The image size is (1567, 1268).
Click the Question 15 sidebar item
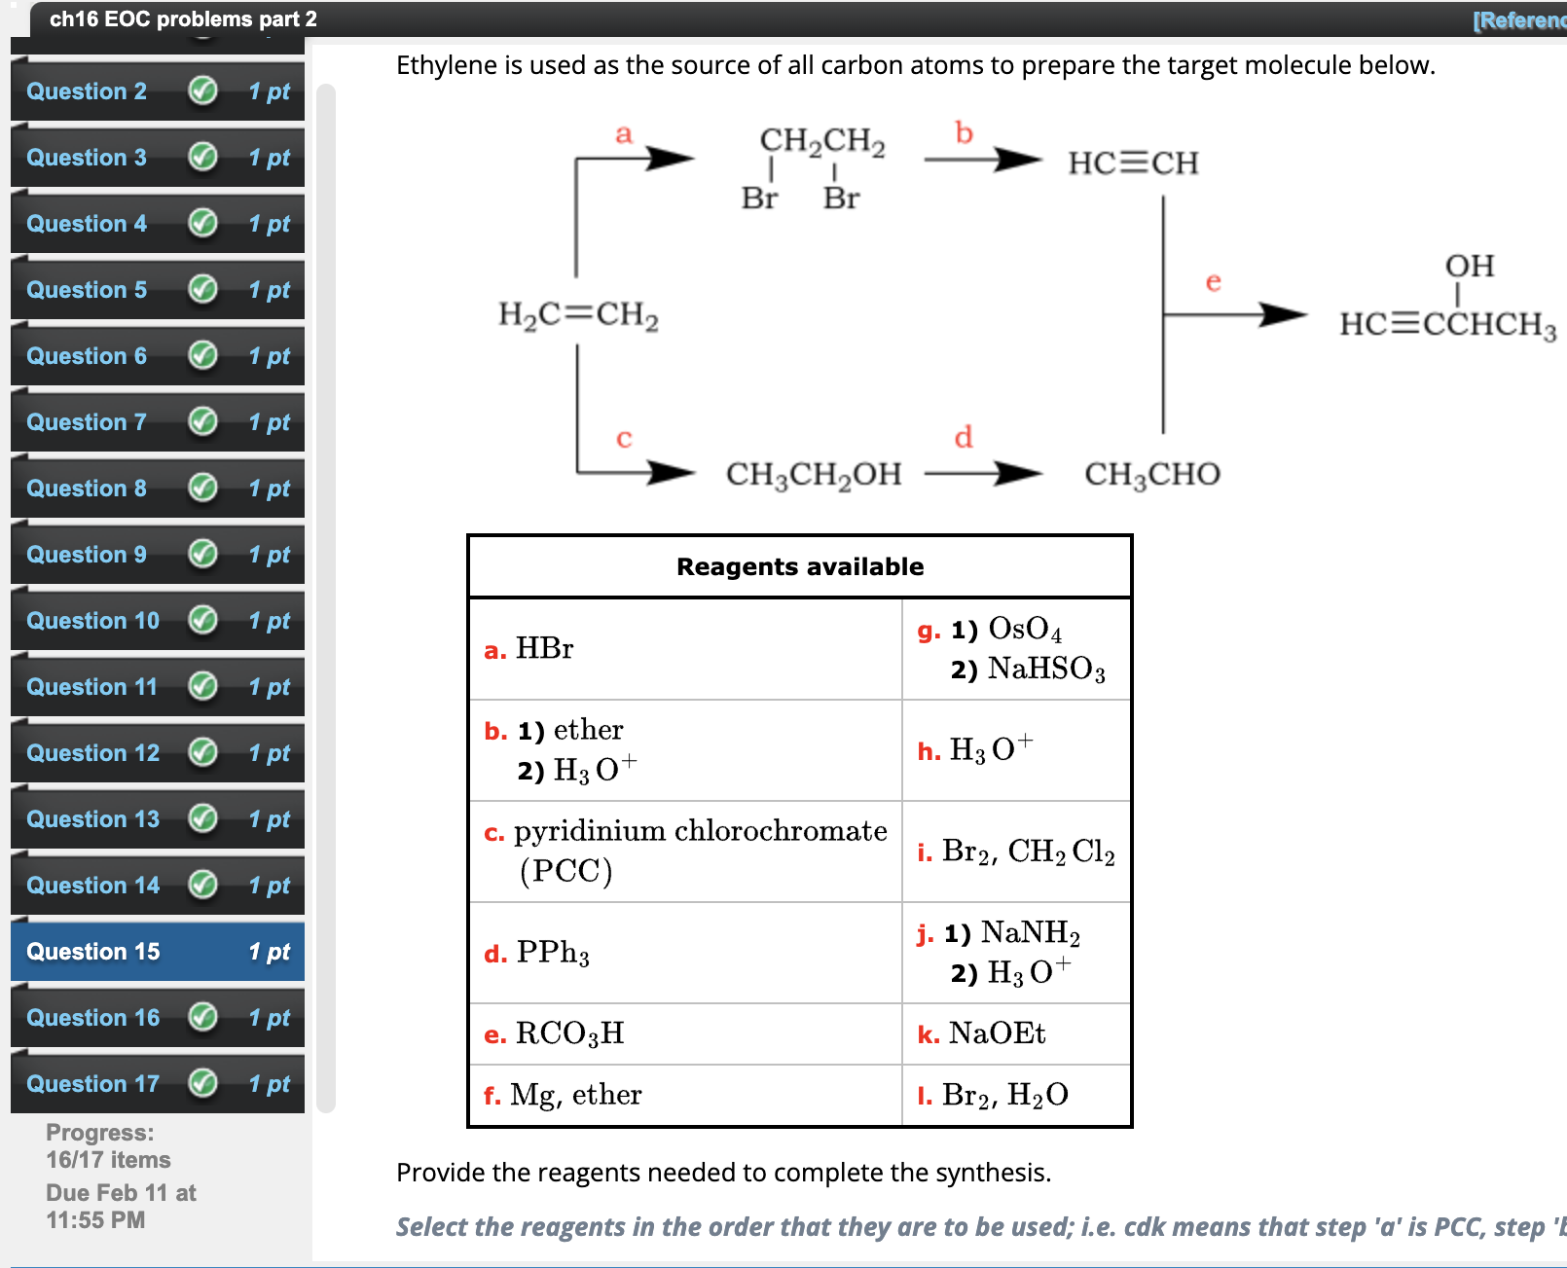(x=92, y=952)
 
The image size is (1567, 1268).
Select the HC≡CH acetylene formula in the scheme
(x=1133, y=163)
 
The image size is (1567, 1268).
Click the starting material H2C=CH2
(x=578, y=315)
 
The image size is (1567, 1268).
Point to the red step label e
(x=1213, y=282)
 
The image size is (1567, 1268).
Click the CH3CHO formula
(x=1152, y=474)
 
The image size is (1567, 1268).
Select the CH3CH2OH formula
(x=814, y=474)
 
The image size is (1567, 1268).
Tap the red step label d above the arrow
(x=964, y=437)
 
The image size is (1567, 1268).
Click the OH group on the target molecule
(x=1470, y=266)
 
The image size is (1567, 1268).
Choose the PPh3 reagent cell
(x=553, y=953)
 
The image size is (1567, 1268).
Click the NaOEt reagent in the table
(x=997, y=1033)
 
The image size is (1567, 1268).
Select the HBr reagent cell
(x=545, y=649)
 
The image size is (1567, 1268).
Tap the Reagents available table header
(x=800, y=566)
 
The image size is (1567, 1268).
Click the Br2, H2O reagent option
(x=1004, y=1096)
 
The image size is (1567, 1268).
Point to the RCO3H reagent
(x=569, y=1033)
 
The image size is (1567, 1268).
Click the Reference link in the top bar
(x=1518, y=20)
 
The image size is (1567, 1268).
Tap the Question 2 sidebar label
(x=87, y=91)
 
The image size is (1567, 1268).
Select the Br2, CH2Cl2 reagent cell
(x=1028, y=852)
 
